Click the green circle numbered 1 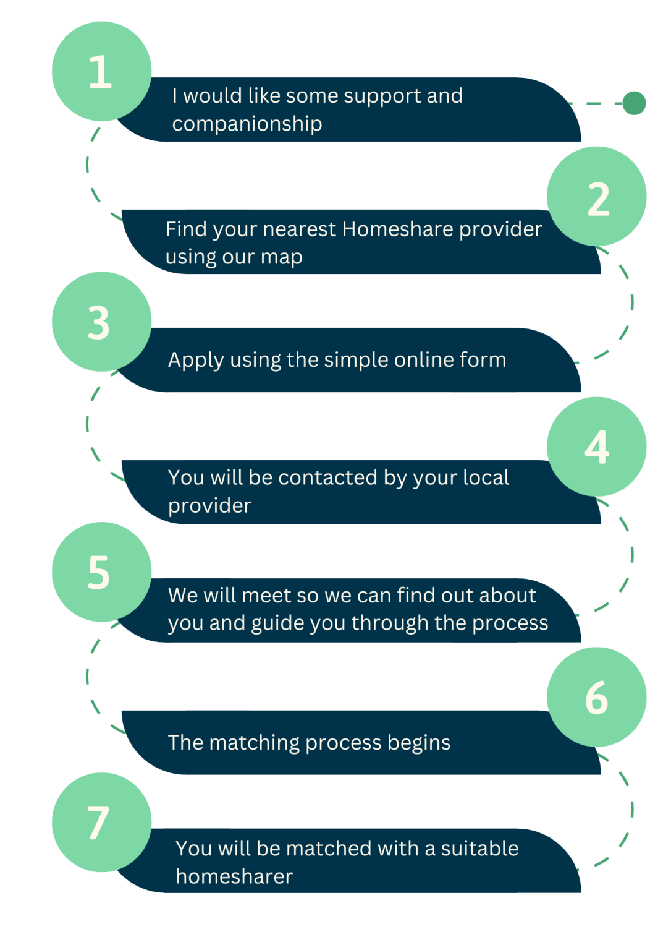pyautogui.click(x=101, y=71)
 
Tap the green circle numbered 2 pyautogui.click(x=596, y=197)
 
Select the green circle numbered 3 pyautogui.click(x=101, y=322)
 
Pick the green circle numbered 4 pyautogui.click(x=596, y=447)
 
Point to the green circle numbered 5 pyautogui.click(x=101, y=572)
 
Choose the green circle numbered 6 pyautogui.click(x=596, y=697)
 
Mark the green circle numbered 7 pyautogui.click(x=101, y=822)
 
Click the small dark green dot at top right pyautogui.click(x=634, y=103)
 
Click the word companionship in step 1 pyautogui.click(x=247, y=124)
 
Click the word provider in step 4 pyautogui.click(x=209, y=506)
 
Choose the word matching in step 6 pyautogui.click(x=254, y=743)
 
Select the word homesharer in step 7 pyautogui.click(x=234, y=876)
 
